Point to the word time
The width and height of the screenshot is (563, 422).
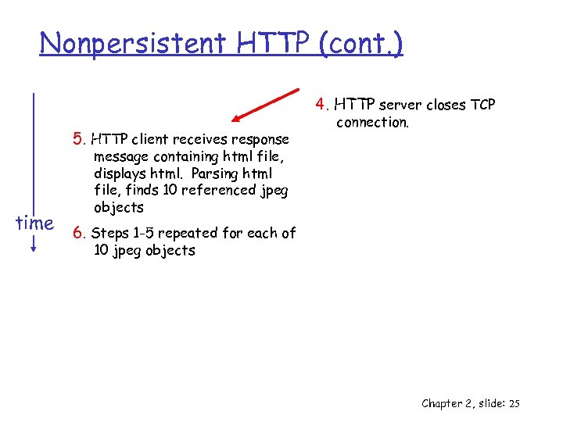34,224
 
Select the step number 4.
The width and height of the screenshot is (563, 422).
320,104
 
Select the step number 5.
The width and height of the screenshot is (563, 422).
77,140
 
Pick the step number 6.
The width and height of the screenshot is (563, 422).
77,233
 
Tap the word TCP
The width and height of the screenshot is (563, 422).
482,105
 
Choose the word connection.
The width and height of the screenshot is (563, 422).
372,123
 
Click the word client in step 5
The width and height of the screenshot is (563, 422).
152,140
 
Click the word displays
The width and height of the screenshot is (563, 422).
119,173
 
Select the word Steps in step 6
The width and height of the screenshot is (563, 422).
109,234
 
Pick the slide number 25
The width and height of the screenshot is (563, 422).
514,403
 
